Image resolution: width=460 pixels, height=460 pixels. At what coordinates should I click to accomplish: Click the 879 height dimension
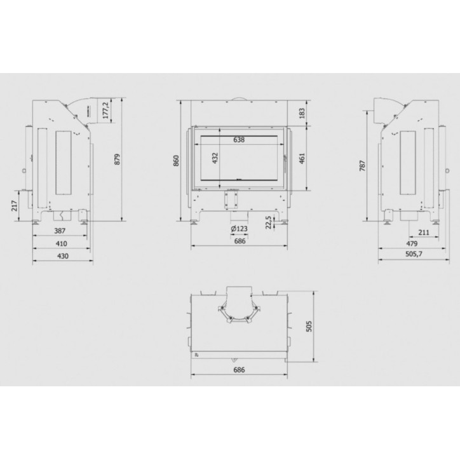coord(117,159)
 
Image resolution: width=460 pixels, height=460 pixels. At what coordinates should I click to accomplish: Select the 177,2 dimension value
coord(106,110)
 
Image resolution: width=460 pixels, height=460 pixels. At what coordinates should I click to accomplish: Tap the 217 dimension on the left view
coord(14,206)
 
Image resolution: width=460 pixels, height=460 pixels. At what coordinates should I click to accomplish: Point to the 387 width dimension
coord(60,231)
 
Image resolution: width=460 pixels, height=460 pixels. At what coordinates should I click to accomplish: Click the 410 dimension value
coord(62,243)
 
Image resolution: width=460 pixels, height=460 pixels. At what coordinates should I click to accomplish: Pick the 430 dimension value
coord(63,256)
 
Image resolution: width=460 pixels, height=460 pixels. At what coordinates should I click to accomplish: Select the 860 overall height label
coord(176,161)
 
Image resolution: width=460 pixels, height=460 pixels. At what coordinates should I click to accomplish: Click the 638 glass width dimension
coord(239,140)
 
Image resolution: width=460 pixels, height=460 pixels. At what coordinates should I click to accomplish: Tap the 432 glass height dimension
coord(215,158)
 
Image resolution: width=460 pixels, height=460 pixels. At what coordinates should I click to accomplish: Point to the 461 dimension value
coord(302,158)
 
